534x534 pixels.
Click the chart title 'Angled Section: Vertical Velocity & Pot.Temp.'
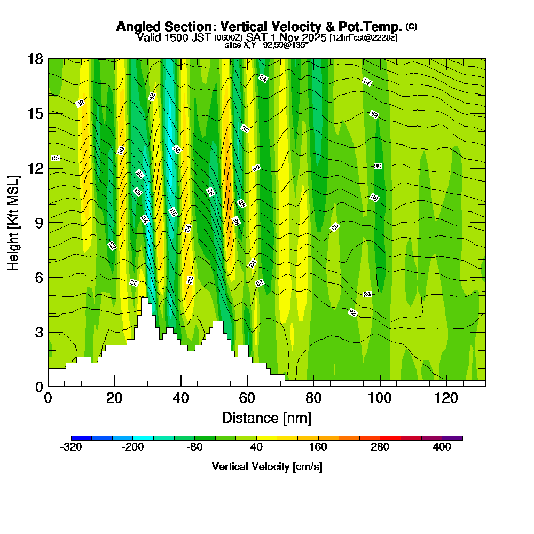260,27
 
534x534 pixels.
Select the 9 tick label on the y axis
38,223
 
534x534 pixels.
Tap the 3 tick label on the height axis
38,332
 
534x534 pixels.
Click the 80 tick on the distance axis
313,398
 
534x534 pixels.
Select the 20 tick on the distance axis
114,398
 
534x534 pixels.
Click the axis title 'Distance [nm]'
266,418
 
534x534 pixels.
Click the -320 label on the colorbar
71,447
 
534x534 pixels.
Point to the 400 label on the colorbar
442,447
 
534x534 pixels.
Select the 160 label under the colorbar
318,447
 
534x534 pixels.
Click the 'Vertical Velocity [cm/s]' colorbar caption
266,467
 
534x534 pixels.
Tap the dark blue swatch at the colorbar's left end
81,438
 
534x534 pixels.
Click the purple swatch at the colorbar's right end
452,438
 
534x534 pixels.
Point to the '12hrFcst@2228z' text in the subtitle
363,38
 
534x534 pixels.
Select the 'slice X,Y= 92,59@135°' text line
266,45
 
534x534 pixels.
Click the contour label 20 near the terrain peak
134,282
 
